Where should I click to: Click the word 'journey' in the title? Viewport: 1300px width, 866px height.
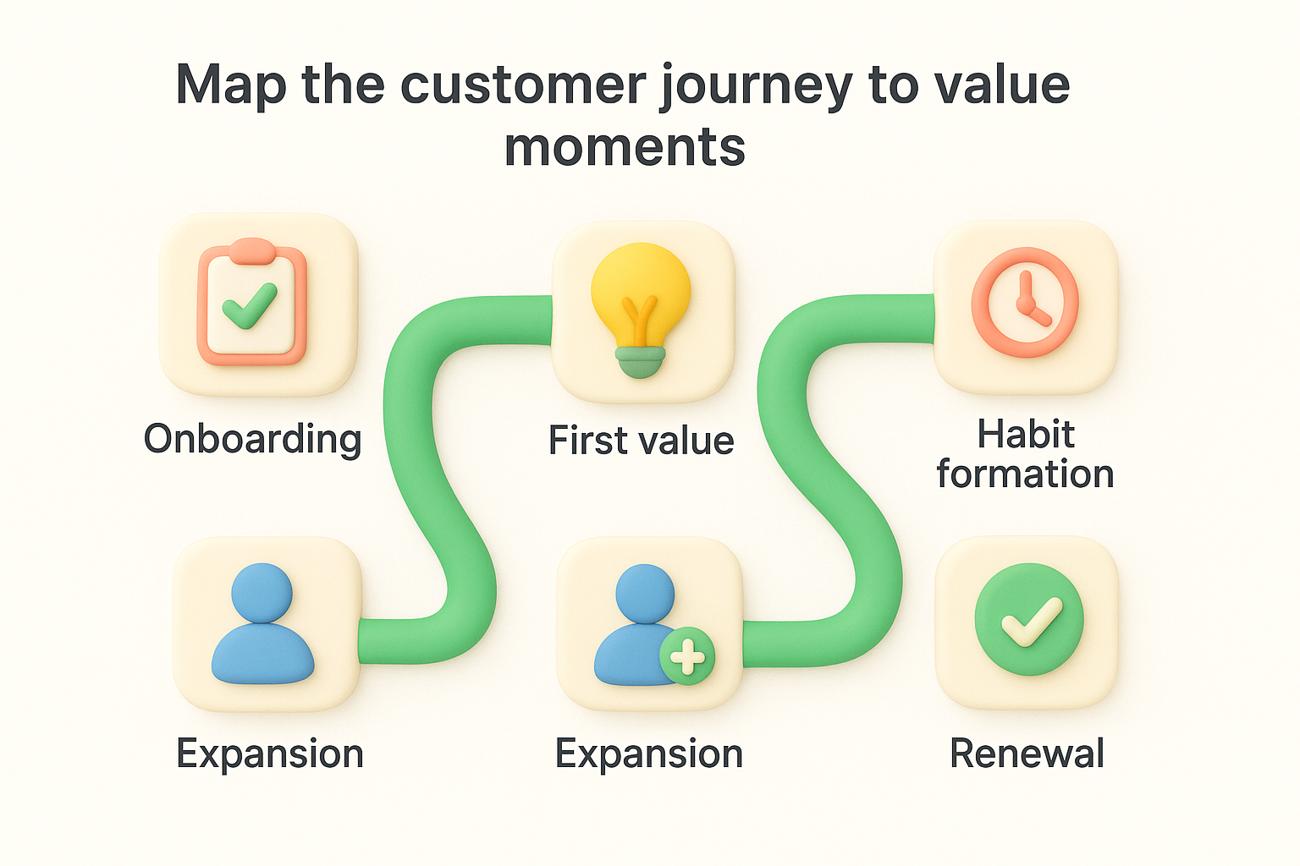click(756, 87)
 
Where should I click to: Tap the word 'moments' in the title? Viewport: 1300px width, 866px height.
click(625, 147)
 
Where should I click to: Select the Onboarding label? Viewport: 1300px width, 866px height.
click(252, 439)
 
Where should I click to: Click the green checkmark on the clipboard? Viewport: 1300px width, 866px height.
click(250, 306)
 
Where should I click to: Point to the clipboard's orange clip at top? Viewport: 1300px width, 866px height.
click(251, 249)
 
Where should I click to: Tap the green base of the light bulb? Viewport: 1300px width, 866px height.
click(641, 362)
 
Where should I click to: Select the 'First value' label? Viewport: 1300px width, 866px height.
click(641, 441)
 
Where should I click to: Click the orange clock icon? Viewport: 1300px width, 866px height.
click(1025, 302)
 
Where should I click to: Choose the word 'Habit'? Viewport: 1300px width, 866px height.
click(1025, 434)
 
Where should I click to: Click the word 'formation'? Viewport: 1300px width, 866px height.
click(1025, 474)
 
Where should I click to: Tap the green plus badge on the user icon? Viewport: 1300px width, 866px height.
click(687, 656)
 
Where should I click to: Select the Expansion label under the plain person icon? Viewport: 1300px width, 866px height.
click(270, 754)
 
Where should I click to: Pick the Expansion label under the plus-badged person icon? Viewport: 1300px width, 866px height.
click(649, 754)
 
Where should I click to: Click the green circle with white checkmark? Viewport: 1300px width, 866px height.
click(1028, 620)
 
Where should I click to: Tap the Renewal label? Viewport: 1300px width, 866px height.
click(1027, 754)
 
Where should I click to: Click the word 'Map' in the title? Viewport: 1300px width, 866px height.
click(230, 87)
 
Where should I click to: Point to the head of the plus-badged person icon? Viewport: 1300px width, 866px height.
click(645, 593)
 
